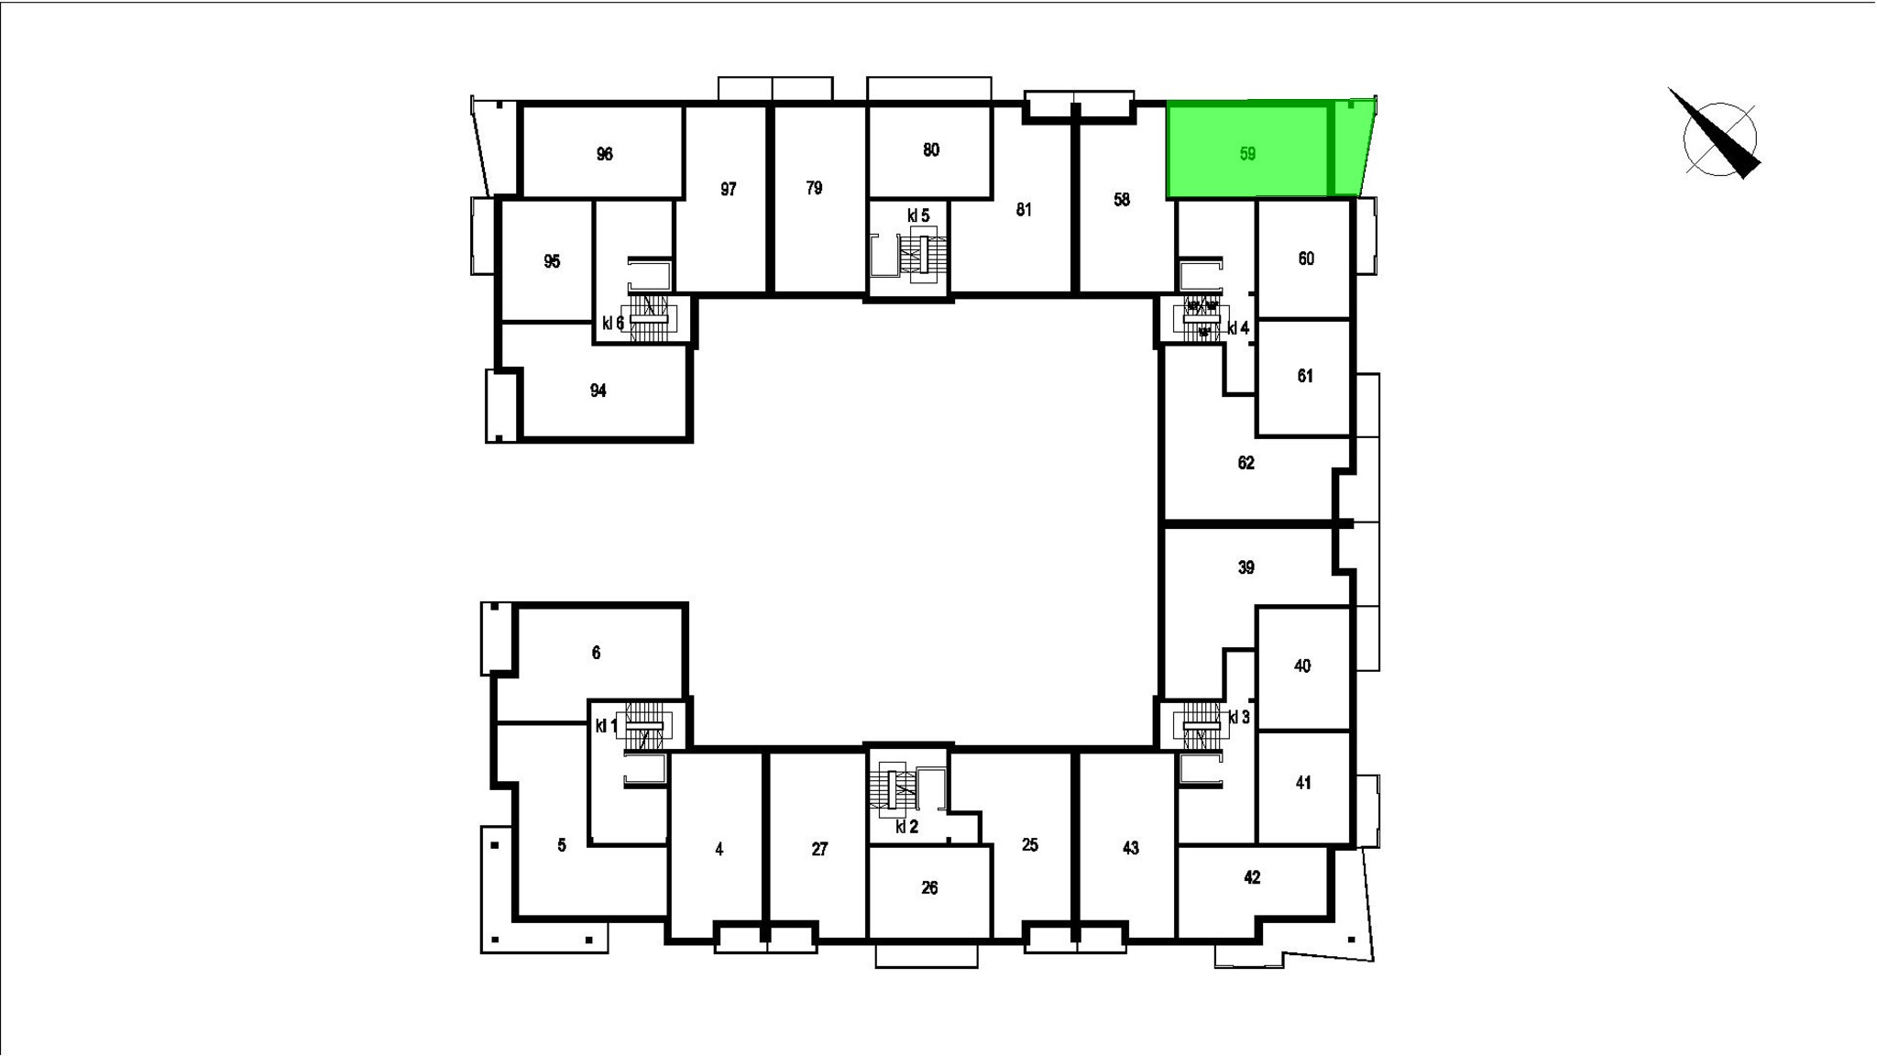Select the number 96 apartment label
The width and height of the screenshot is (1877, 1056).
click(x=604, y=154)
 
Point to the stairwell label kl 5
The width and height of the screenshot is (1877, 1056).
click(x=918, y=215)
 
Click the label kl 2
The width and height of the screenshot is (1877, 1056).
click(x=906, y=827)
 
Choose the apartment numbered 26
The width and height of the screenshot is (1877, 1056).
click(x=929, y=887)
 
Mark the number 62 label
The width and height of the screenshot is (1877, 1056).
click(x=1246, y=463)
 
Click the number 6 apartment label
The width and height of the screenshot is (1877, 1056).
click(x=596, y=653)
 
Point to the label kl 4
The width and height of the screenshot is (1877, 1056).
click(x=1238, y=328)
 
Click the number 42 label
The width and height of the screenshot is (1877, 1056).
click(x=1252, y=877)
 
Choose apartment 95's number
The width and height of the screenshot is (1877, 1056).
click(x=551, y=261)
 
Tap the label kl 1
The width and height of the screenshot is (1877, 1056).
click(x=606, y=726)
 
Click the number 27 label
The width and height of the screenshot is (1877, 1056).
click(x=819, y=849)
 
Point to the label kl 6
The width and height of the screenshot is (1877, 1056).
click(x=613, y=323)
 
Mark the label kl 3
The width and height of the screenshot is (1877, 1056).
click(x=1238, y=718)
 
